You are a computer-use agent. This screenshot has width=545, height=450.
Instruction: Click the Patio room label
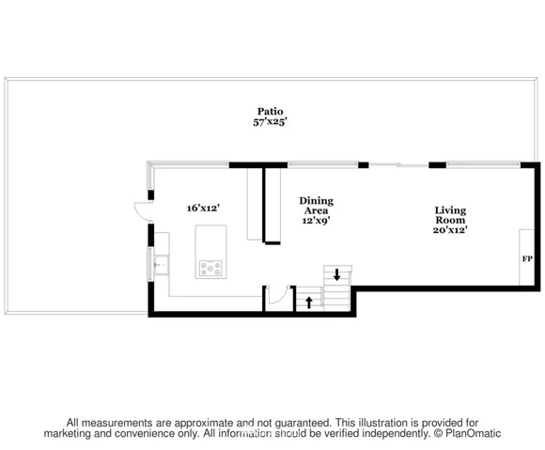[270, 112]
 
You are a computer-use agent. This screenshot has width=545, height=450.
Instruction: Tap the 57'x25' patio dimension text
[270, 122]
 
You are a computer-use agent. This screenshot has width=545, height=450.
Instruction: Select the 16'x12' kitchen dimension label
[203, 209]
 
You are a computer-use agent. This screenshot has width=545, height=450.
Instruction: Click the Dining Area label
[317, 206]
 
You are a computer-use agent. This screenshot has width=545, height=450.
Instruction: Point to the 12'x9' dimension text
[316, 221]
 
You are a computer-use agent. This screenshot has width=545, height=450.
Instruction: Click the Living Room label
[450, 215]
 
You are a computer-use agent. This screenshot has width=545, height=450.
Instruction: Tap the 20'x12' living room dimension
[450, 229]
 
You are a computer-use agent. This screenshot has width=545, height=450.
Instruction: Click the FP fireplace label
[527, 259]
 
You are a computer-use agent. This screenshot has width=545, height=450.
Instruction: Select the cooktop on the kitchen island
[210, 269]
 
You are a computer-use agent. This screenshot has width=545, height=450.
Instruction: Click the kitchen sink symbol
[162, 265]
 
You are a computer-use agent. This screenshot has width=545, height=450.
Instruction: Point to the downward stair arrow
[336, 274]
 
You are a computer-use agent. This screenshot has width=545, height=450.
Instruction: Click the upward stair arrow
[308, 302]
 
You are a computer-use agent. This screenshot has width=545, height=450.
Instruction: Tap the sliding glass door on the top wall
[398, 165]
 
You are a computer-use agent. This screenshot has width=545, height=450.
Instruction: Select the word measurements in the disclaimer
[118, 423]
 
